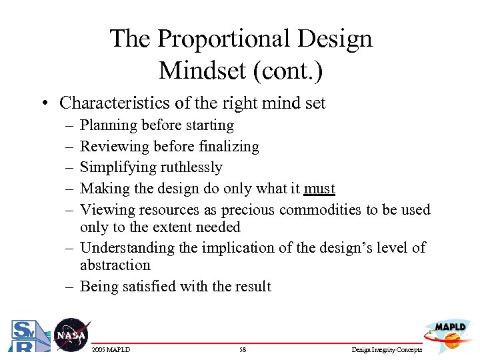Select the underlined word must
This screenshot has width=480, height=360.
click(319, 189)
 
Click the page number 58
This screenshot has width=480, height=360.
click(242, 350)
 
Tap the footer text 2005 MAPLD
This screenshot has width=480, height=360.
click(112, 350)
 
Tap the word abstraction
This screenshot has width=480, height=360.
click(115, 265)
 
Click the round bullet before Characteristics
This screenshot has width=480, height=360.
click(43, 103)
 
